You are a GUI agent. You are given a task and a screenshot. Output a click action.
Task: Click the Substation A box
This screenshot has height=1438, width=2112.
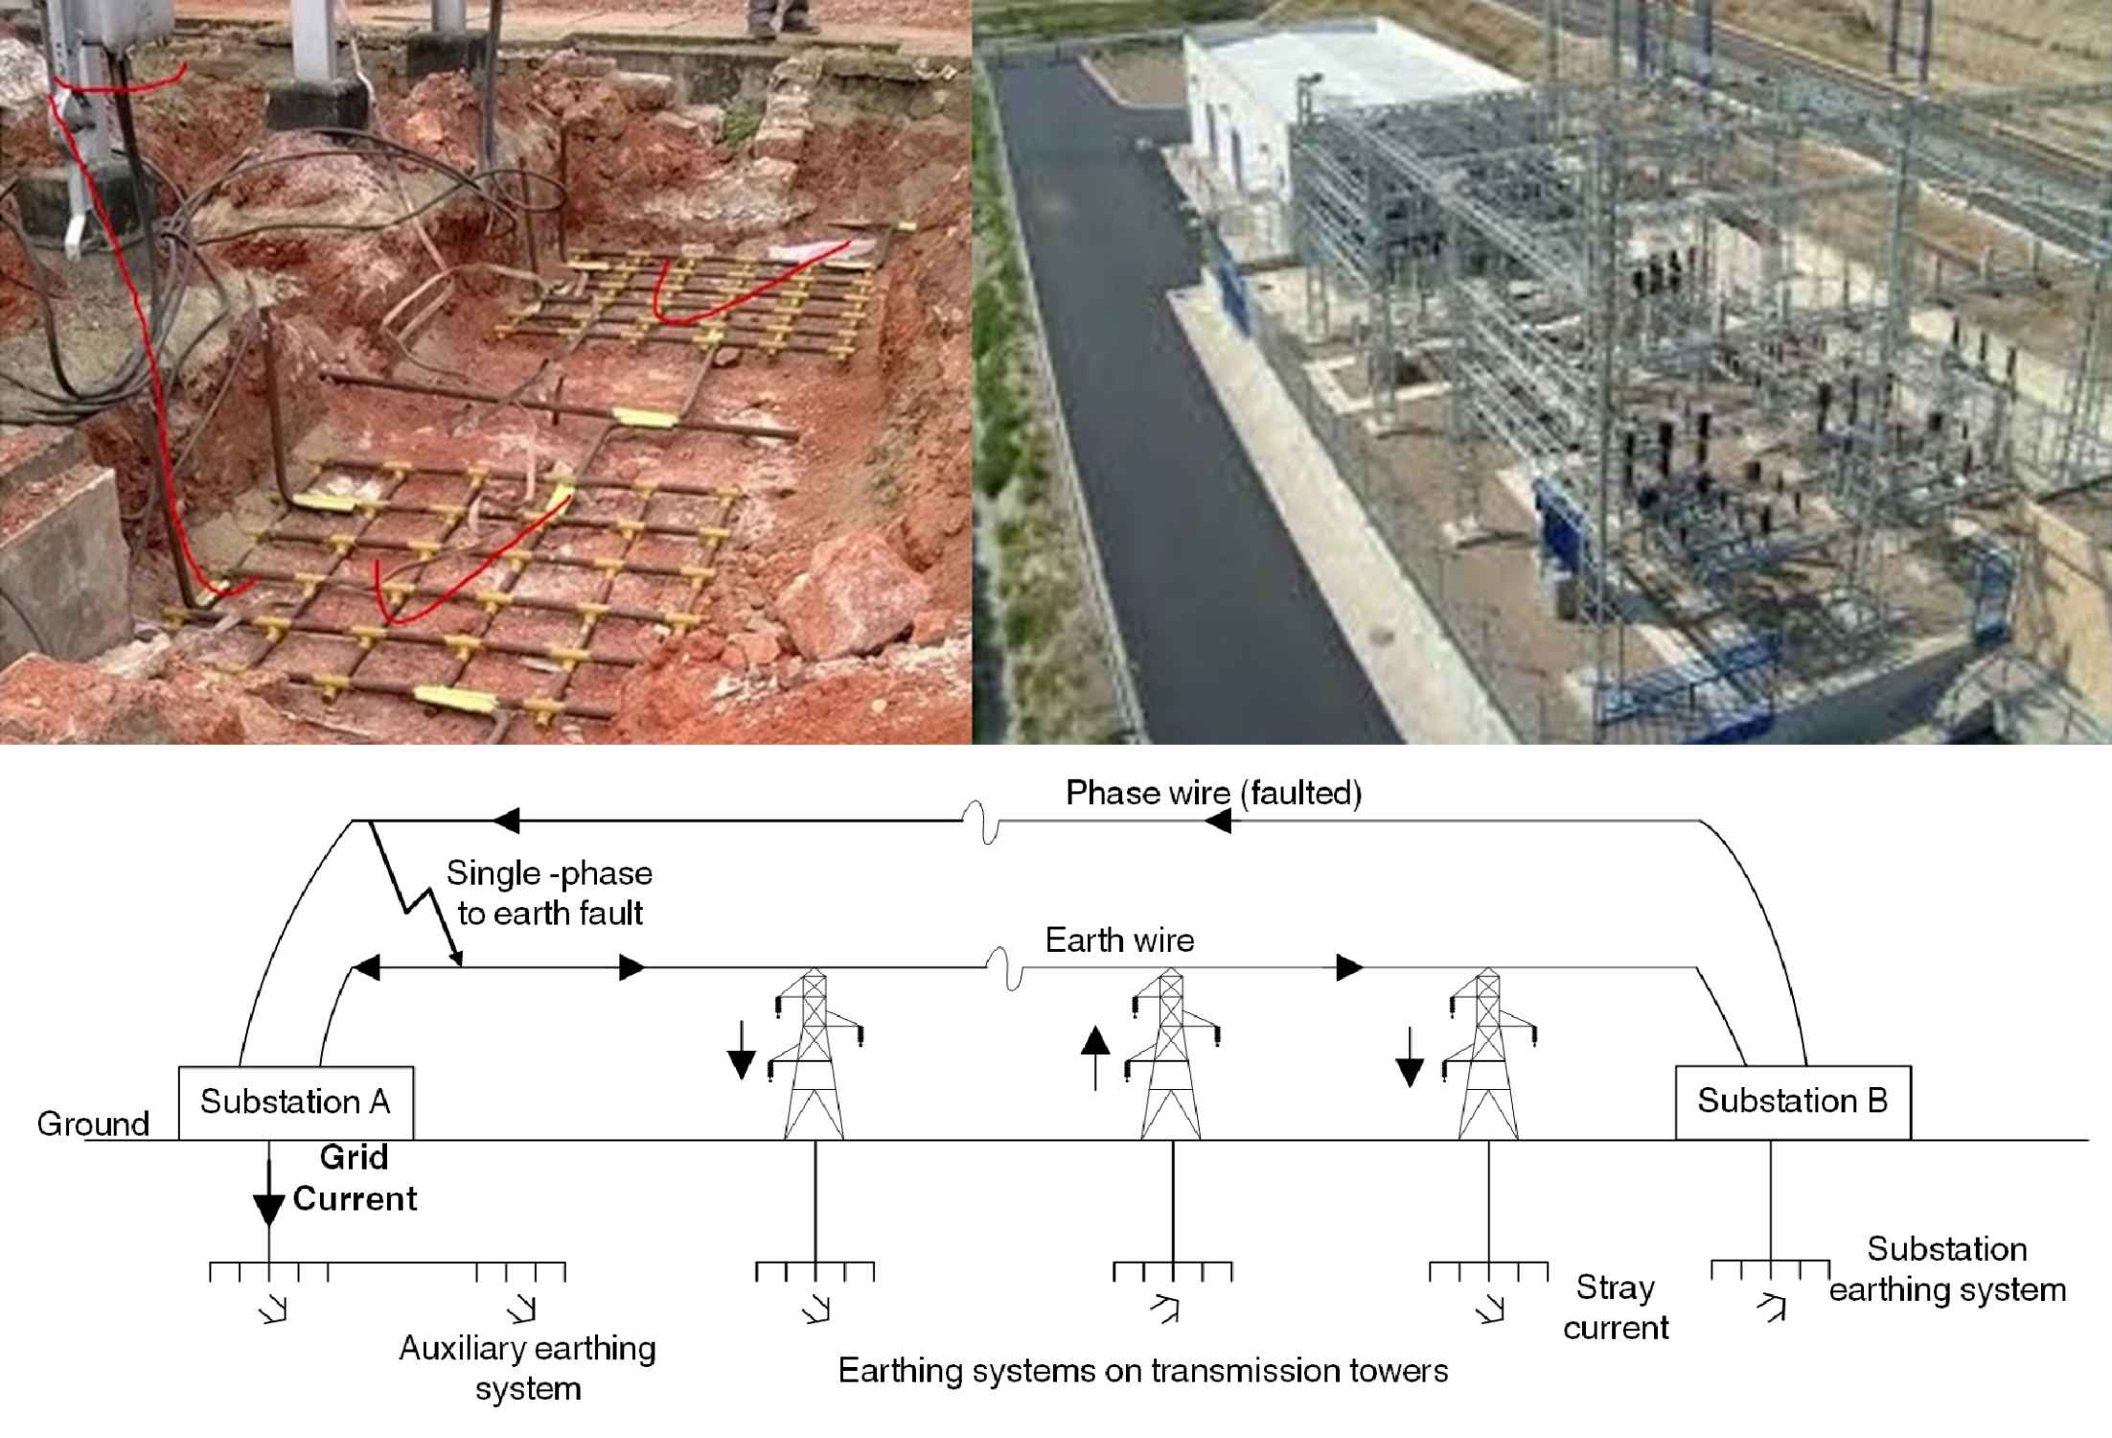295,1102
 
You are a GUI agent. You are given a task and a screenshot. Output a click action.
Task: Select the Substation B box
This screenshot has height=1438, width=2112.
1792,1102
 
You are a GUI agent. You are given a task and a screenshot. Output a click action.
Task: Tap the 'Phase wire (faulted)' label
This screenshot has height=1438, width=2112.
1213,794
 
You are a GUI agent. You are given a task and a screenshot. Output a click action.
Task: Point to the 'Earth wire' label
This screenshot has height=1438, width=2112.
1119,940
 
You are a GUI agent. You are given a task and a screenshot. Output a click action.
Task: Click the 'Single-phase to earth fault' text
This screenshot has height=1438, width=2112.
549,893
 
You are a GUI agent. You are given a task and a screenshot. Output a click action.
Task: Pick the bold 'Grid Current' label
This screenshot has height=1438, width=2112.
355,1178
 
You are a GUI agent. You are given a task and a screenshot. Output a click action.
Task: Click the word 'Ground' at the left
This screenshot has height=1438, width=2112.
93,1124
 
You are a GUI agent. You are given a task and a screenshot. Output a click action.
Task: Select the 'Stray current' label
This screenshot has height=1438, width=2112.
1616,1308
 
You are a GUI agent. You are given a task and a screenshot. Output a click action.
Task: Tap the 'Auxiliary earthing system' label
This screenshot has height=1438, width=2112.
528,1368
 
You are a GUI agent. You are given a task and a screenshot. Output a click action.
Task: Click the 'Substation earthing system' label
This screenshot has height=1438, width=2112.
1947,1269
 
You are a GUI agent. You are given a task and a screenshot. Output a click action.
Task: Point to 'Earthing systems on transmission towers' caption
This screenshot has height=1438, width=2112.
1142,1371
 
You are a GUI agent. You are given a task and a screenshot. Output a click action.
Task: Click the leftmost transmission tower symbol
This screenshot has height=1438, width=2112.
815,1055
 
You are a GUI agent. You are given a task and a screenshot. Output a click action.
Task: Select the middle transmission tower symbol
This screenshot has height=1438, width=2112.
1171,1055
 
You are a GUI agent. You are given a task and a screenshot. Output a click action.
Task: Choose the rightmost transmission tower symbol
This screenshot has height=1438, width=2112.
1487,1055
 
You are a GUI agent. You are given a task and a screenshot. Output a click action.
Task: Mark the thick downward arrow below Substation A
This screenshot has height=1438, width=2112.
268,1194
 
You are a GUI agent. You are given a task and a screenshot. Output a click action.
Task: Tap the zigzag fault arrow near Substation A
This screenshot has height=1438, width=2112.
414,892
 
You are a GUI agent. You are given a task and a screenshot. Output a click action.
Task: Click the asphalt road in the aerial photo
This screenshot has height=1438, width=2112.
1150,383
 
